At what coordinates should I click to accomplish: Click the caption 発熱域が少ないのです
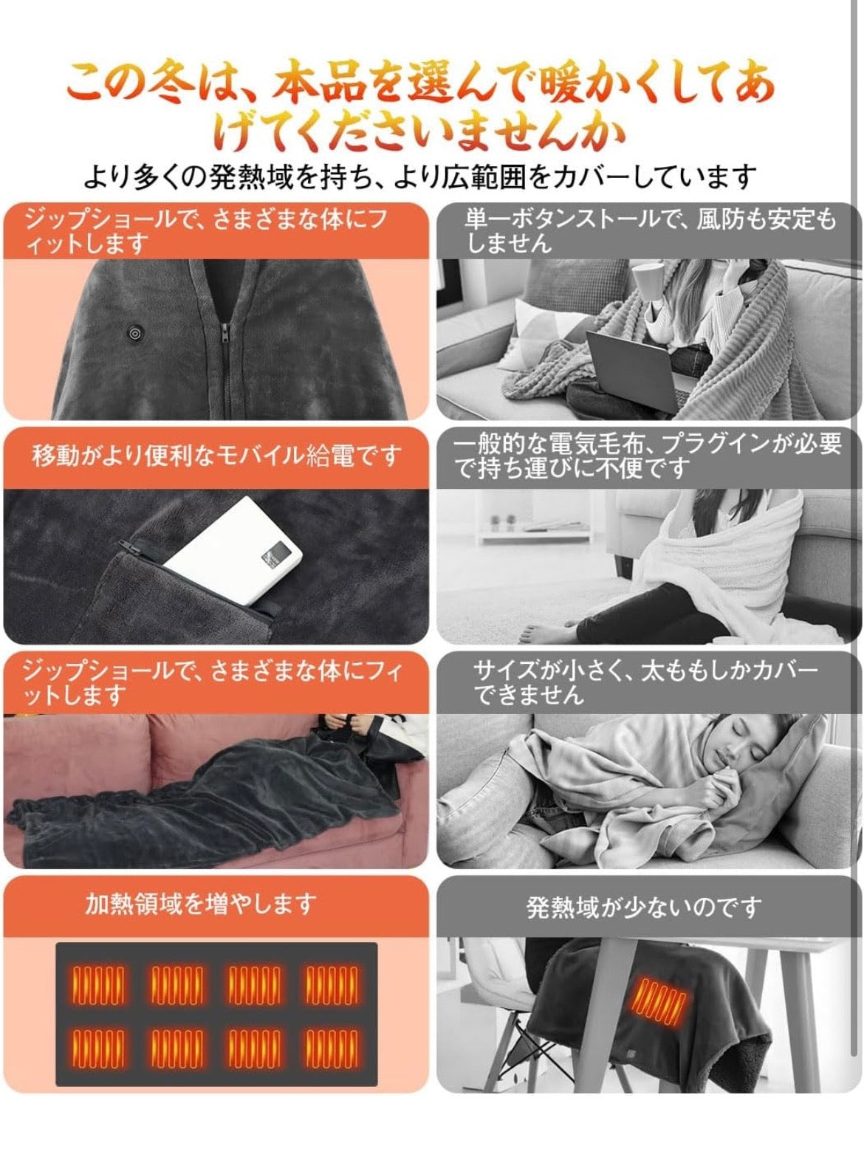[643, 907]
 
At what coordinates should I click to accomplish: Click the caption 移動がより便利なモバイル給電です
[216, 456]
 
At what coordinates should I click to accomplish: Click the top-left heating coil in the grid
[97, 984]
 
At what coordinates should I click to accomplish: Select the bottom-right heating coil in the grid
[332, 1048]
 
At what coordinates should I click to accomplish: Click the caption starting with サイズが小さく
[645, 682]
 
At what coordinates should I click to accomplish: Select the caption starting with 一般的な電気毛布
[648, 455]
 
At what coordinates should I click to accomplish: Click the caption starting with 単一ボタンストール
[650, 230]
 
